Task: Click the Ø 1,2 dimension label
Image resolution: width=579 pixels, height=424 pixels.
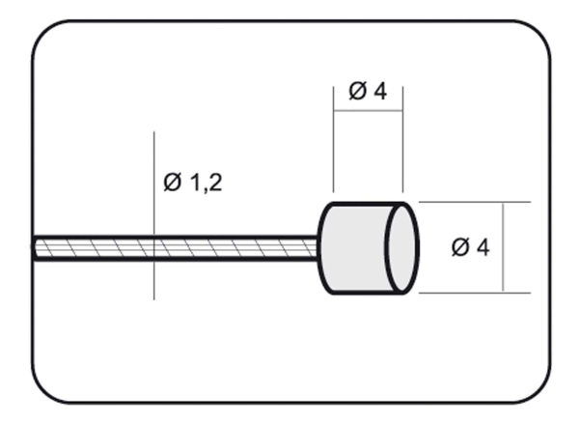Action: [193, 183]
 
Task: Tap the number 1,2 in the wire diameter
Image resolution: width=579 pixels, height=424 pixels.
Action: [207, 183]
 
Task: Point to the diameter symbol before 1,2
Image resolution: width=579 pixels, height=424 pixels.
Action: [173, 182]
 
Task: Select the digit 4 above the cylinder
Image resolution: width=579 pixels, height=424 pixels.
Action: [380, 91]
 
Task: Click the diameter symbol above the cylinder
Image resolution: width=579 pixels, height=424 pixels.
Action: [357, 91]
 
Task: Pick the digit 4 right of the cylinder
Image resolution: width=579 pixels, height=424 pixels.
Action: [482, 247]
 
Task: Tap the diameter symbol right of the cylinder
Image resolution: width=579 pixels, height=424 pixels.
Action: [460, 247]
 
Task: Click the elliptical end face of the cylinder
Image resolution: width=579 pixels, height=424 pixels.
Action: [401, 247]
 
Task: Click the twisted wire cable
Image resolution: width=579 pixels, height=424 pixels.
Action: [176, 247]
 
